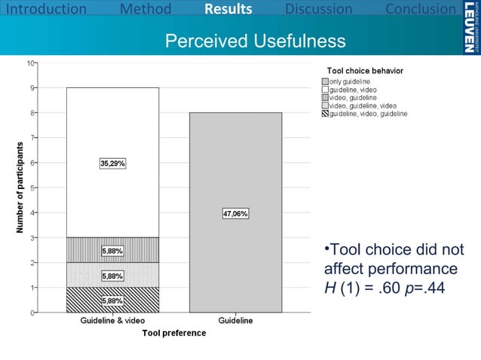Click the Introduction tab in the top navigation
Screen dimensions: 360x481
[x=44, y=9]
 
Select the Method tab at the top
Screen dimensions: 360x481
[x=146, y=9]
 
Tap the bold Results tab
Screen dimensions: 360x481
[x=228, y=9]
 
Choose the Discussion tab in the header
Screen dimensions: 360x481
[x=318, y=9]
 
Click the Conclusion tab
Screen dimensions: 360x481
[x=420, y=9]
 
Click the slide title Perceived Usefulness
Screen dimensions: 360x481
[x=255, y=40]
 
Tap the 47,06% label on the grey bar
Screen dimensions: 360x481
[x=235, y=213]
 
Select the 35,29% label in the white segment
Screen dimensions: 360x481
[x=112, y=163]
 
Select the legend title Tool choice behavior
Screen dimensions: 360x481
[x=364, y=70]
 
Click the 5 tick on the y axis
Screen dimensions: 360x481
[x=31, y=188]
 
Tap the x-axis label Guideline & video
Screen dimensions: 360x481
[x=112, y=321]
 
